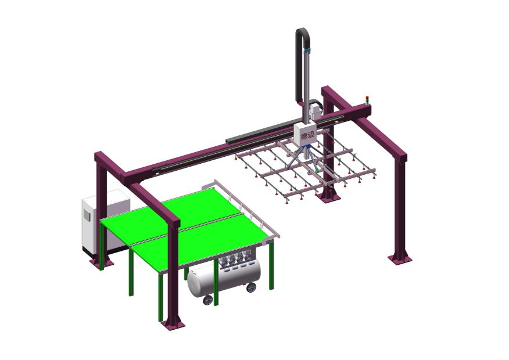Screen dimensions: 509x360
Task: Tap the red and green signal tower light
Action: point(367,99)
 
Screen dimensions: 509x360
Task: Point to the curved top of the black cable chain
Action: point(303,33)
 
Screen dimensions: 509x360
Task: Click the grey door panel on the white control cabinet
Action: point(87,215)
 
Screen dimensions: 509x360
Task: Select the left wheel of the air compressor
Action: point(208,300)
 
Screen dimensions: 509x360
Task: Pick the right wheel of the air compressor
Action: point(251,287)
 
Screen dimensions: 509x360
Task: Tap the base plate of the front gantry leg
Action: point(173,324)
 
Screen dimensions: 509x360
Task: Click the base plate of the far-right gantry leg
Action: point(400,258)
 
